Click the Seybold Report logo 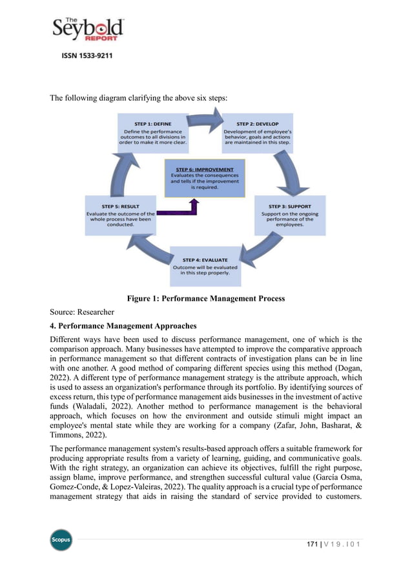click(x=88, y=29)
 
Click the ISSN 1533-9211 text click(x=87, y=56)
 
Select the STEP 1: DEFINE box click(x=153, y=134)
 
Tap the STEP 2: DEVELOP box click(x=258, y=134)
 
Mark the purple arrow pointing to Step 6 click(x=181, y=210)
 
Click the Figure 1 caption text click(x=205, y=299)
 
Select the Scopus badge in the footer click(x=61, y=540)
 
